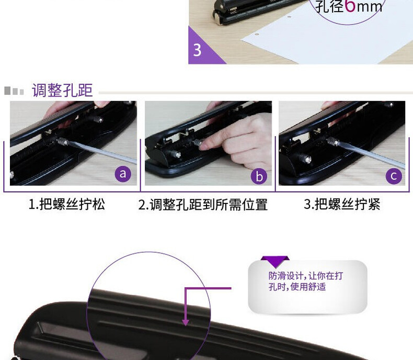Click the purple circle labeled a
click(x=123, y=174)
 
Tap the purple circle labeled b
click(x=259, y=176)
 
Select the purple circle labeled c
click(x=394, y=176)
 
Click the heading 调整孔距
click(x=62, y=91)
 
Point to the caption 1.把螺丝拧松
click(x=66, y=204)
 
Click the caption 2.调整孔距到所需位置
click(x=203, y=205)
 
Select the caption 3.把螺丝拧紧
click(x=342, y=204)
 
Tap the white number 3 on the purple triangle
click(x=197, y=50)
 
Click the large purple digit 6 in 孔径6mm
click(x=350, y=6)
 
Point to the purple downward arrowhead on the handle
click(x=186, y=322)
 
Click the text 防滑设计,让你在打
click(x=305, y=276)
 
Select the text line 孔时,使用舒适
click(x=297, y=286)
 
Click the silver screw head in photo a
click(x=63, y=141)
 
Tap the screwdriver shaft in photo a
click(x=102, y=153)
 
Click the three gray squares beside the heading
click(x=14, y=91)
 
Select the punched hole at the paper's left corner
click(x=257, y=33)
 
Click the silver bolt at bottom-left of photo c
click(x=305, y=159)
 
